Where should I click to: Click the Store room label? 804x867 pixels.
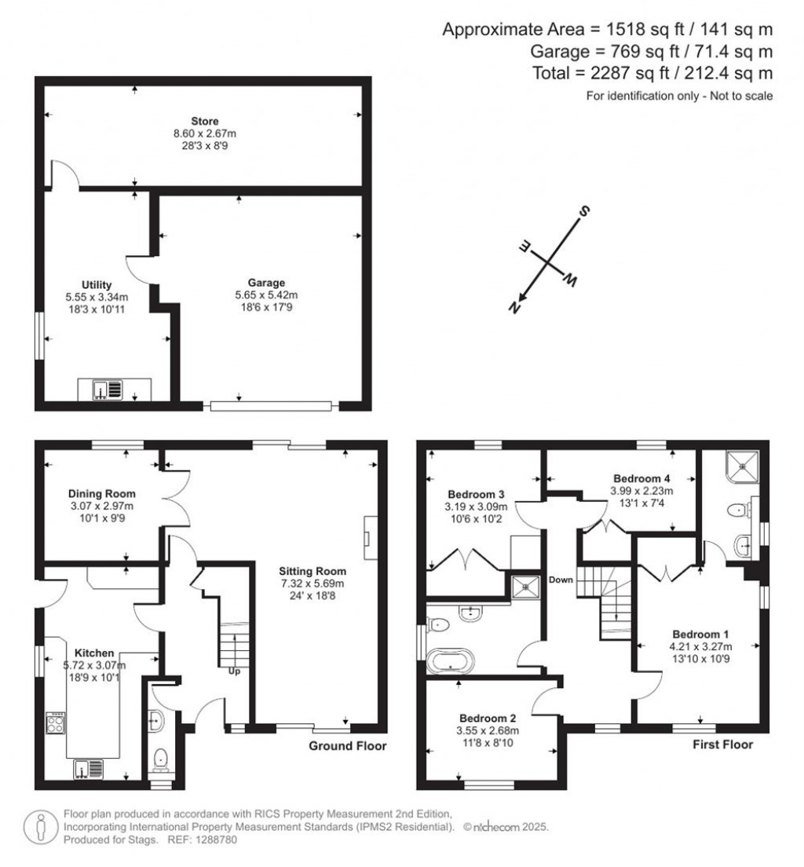coord(204,121)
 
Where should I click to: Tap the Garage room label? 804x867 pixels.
coord(267,283)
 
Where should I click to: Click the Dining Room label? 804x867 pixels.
coord(101,494)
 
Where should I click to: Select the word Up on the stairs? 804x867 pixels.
coord(234,671)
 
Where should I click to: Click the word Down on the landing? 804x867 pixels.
coord(561,580)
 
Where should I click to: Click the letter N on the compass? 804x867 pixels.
coord(516,309)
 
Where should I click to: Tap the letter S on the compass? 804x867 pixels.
coord(584,211)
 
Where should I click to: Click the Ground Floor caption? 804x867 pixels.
coord(348,746)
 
